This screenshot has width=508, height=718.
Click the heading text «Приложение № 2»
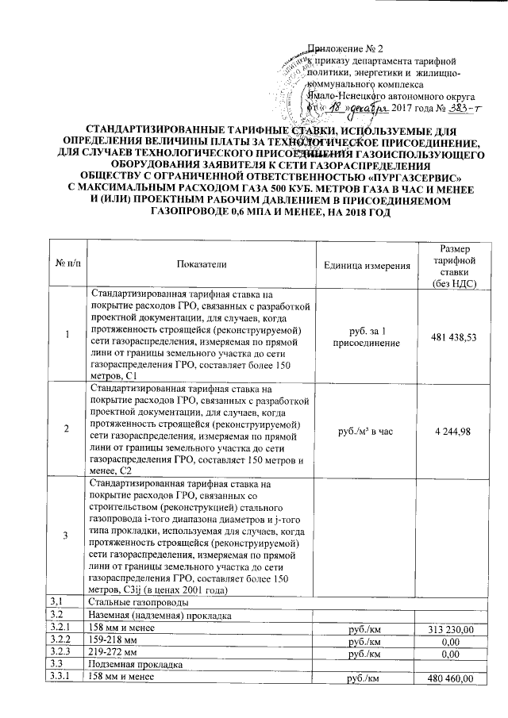point(345,49)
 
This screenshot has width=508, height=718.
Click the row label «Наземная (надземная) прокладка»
point(160,616)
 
